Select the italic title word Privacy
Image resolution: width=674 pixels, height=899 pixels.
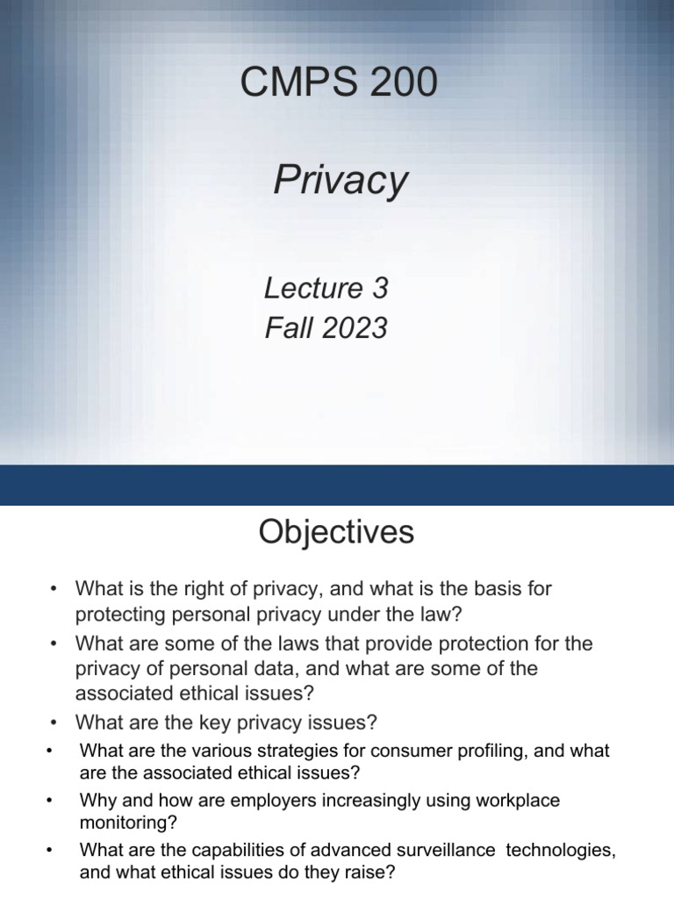(x=341, y=181)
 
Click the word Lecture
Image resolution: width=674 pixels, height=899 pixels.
(x=301, y=288)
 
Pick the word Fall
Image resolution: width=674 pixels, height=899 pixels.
(x=285, y=327)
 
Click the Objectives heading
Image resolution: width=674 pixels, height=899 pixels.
(x=336, y=532)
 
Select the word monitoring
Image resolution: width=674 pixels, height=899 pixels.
(x=120, y=823)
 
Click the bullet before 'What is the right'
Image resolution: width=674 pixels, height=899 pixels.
(x=54, y=589)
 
